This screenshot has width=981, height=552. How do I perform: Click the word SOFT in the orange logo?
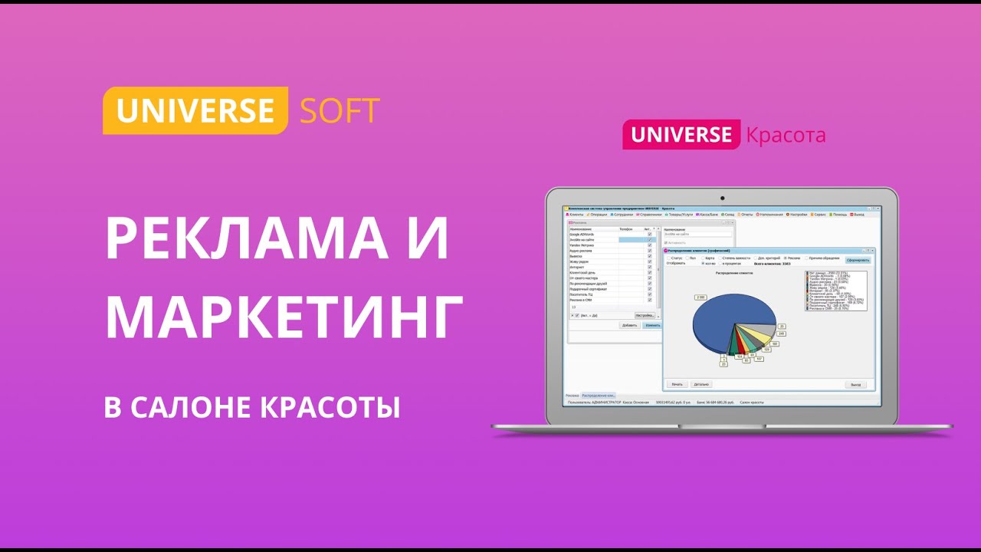[340, 111]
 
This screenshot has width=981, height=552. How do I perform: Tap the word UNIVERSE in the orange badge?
[195, 111]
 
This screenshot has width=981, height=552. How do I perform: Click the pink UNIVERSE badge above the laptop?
[681, 135]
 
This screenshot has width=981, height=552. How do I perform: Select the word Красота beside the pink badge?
[786, 136]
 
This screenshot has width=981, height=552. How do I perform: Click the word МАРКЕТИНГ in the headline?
[284, 316]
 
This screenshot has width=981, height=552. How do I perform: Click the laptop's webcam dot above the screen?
[721, 199]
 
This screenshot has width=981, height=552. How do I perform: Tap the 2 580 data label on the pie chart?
[700, 297]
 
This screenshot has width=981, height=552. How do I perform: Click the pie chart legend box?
[835, 291]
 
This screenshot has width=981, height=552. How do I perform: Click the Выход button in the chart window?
[856, 384]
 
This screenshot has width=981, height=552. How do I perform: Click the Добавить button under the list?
[630, 325]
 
